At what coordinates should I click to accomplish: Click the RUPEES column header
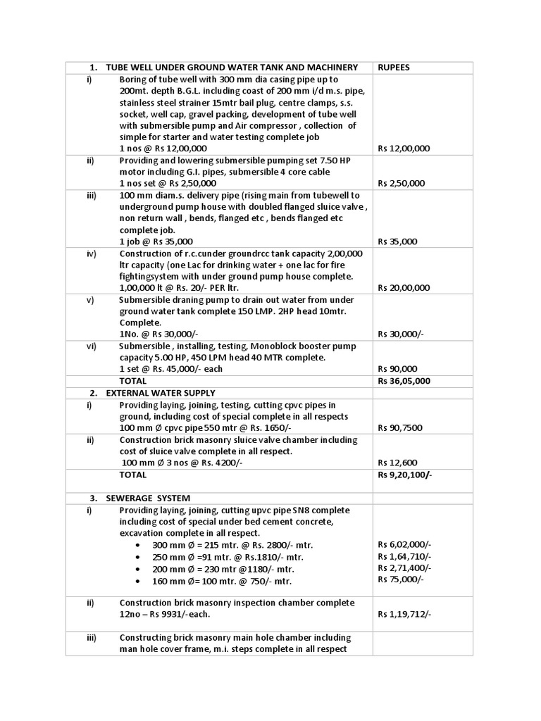tap(394, 68)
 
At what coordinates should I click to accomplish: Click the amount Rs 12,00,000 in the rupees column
tap(404, 149)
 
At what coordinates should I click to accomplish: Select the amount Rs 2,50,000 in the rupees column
tap(401, 183)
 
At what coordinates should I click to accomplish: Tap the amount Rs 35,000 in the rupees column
tap(397, 242)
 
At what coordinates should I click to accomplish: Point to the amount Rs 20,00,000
tap(404, 288)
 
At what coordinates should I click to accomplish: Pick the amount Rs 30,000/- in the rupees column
tap(400, 334)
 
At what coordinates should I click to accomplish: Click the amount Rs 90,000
tap(397, 369)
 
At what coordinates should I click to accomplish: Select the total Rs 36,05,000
tap(404, 381)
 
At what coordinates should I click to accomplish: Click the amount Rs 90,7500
tap(401, 427)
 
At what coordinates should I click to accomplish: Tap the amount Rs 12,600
tap(397, 463)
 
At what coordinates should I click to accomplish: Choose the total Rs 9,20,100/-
tap(405, 475)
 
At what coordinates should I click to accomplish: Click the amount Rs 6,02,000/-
tap(404, 544)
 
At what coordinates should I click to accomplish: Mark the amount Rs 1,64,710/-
tap(404, 556)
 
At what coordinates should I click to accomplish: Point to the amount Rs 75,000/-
tap(401, 579)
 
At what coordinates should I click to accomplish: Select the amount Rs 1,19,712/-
tap(404, 615)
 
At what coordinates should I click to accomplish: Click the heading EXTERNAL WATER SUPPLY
tap(161, 393)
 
